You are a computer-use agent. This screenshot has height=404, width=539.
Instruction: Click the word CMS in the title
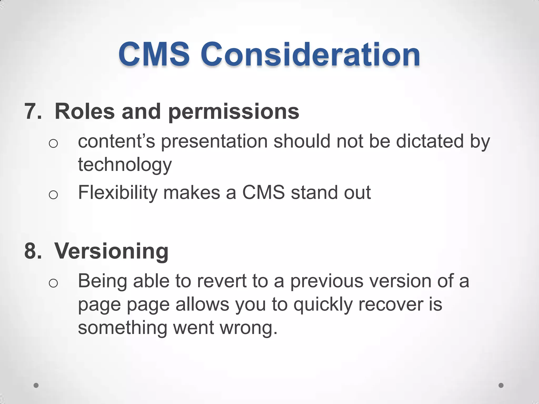click(x=154, y=55)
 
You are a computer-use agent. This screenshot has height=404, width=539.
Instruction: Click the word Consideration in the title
click(x=310, y=55)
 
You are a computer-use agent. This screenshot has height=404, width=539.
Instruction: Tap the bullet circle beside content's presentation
click(x=53, y=144)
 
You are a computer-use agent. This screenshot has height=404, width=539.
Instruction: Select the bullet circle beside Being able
click(x=53, y=283)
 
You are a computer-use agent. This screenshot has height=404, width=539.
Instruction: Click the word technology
click(x=125, y=165)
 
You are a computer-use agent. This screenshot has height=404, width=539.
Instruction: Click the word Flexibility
click(x=118, y=193)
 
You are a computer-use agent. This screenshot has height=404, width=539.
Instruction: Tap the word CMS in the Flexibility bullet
click(x=263, y=192)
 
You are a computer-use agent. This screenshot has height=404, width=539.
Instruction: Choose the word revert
click(x=222, y=281)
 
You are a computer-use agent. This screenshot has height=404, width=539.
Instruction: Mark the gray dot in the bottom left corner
click(x=36, y=385)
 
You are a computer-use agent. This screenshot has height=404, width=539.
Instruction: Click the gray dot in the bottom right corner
click(x=501, y=385)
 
